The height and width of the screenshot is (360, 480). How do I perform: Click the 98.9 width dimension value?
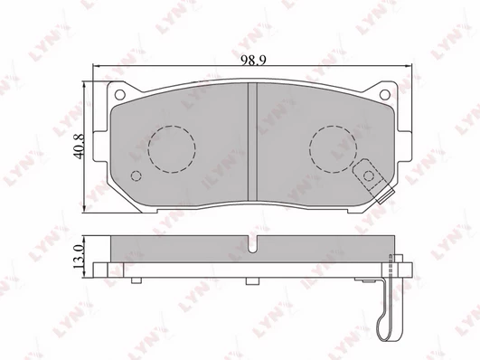coord(253,60)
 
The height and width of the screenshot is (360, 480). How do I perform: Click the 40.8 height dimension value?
coord(79,147)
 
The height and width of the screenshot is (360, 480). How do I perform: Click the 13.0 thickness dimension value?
coord(79,257)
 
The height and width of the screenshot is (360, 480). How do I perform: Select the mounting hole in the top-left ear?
coord(119,95)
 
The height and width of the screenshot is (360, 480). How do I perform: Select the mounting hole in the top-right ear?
coord(385,94)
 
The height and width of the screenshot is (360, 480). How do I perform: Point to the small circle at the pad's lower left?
coord(136,175)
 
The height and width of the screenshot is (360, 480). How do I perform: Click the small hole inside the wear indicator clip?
coord(369,175)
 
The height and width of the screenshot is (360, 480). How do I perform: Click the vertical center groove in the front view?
coord(252,143)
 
